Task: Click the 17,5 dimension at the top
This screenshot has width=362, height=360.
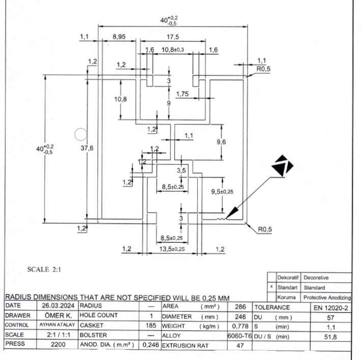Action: pyautogui.click(x=173, y=37)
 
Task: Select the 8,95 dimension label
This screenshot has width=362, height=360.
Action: pyautogui.click(x=119, y=37)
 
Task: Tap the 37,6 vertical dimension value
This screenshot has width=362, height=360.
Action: pyautogui.click(x=87, y=148)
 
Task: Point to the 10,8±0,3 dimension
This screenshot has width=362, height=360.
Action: pyautogui.click(x=173, y=50)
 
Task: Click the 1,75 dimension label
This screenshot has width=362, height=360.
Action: pyautogui.click(x=183, y=94)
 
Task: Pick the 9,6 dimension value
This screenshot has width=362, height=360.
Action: pyautogui.click(x=221, y=142)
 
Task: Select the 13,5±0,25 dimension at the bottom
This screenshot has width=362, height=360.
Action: pyautogui.click(x=172, y=249)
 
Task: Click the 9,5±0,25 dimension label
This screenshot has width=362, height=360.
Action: pyautogui.click(x=222, y=192)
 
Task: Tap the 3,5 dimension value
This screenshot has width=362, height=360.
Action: pyautogui.click(x=181, y=170)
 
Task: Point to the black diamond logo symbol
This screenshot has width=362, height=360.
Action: pyautogui.click(x=282, y=165)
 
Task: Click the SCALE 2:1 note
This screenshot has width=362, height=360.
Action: pyautogui.click(x=44, y=269)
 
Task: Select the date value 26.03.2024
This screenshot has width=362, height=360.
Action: pyautogui.click(x=58, y=306)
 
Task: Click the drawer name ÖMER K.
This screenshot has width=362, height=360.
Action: pyautogui.click(x=58, y=315)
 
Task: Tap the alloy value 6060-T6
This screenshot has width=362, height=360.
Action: pyautogui.click(x=239, y=336)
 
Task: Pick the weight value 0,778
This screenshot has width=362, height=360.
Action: pyautogui.click(x=240, y=326)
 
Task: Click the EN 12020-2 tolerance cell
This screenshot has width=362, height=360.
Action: pyautogui.click(x=330, y=308)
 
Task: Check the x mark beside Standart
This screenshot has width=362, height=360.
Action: pyautogui.click(x=271, y=287)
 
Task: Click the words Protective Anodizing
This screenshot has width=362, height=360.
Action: pyautogui.click(x=327, y=297)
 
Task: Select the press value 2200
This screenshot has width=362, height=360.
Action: pyautogui.click(x=58, y=345)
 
